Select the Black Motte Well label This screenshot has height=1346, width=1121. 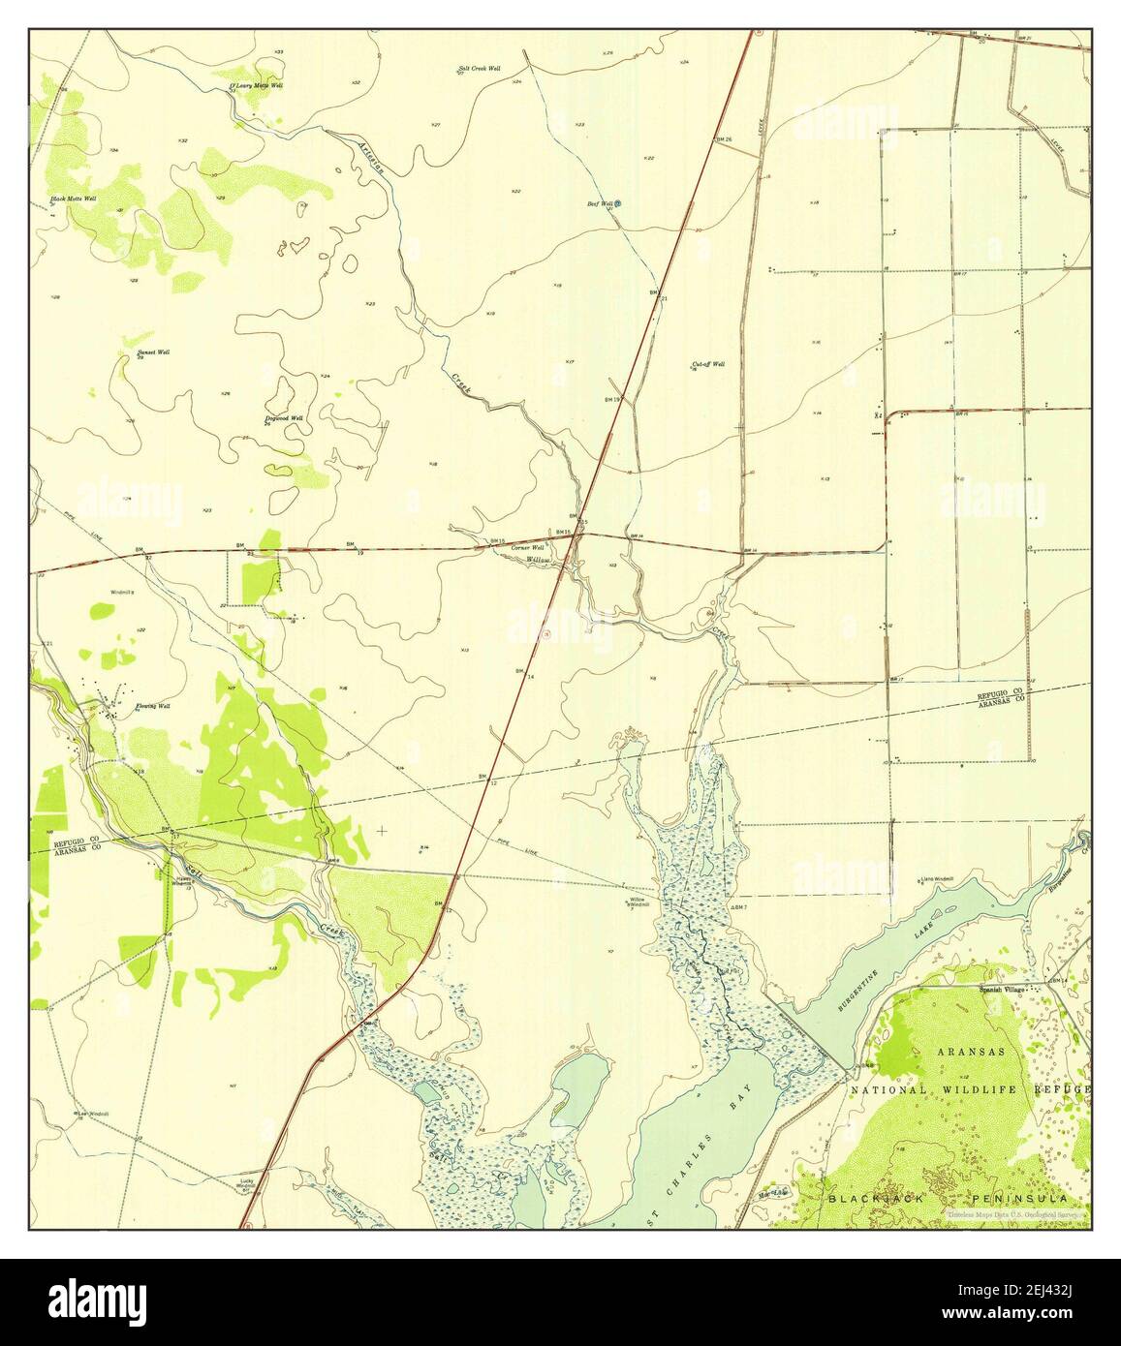[74, 199]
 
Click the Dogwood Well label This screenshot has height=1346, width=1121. [284, 418]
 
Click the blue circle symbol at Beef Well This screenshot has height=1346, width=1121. [618, 203]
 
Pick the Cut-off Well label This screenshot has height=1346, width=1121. [707, 365]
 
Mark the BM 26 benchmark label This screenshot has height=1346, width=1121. [723, 140]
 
